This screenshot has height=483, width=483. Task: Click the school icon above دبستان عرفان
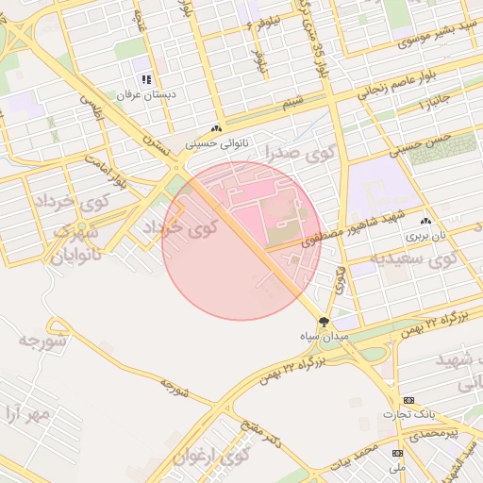(145, 80)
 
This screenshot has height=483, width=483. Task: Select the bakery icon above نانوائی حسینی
(219, 128)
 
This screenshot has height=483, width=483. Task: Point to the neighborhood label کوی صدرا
(276, 152)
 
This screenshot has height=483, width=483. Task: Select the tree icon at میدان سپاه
(325, 322)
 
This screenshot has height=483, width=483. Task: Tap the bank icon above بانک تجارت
(408, 400)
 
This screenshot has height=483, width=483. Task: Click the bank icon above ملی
(397, 454)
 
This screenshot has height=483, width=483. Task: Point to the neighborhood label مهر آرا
(25, 412)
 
